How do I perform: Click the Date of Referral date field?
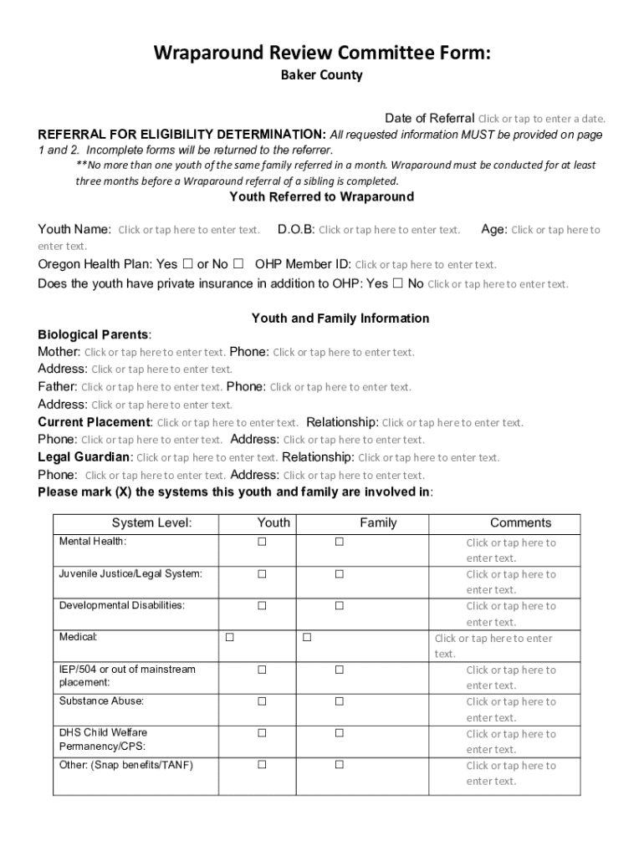(x=541, y=119)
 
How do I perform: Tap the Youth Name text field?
(x=188, y=230)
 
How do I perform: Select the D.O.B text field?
(x=389, y=230)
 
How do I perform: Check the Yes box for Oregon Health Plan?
(x=187, y=264)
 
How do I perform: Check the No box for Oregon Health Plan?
(x=238, y=264)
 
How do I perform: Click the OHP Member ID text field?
(x=426, y=265)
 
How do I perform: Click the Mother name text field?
(x=155, y=353)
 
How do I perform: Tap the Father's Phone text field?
(x=340, y=387)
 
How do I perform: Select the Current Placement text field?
(x=227, y=423)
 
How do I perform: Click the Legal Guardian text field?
(x=207, y=458)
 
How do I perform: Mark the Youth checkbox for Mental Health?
(x=262, y=542)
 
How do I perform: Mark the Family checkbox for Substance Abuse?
(x=340, y=701)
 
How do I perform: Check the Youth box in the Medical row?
(x=229, y=638)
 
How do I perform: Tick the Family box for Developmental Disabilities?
(x=340, y=605)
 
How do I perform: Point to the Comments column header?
(x=520, y=523)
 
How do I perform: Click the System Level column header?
(x=151, y=523)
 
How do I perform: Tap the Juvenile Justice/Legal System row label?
(x=130, y=574)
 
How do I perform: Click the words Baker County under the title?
(x=321, y=75)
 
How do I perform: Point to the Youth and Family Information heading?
(x=340, y=318)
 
